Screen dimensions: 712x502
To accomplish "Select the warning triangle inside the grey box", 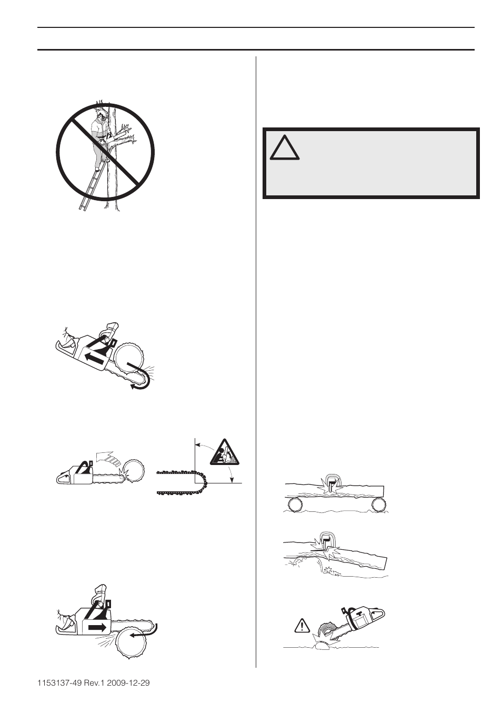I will coord(285,149).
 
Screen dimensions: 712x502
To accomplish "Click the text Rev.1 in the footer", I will coord(96,683).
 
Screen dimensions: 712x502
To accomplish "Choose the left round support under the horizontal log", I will coord(294,505).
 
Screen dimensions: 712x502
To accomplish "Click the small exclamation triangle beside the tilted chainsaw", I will coord(302,625).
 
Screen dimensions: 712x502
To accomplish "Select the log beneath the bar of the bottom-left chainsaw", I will coord(132,645).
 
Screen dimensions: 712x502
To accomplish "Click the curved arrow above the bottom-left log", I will coord(145,631).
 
